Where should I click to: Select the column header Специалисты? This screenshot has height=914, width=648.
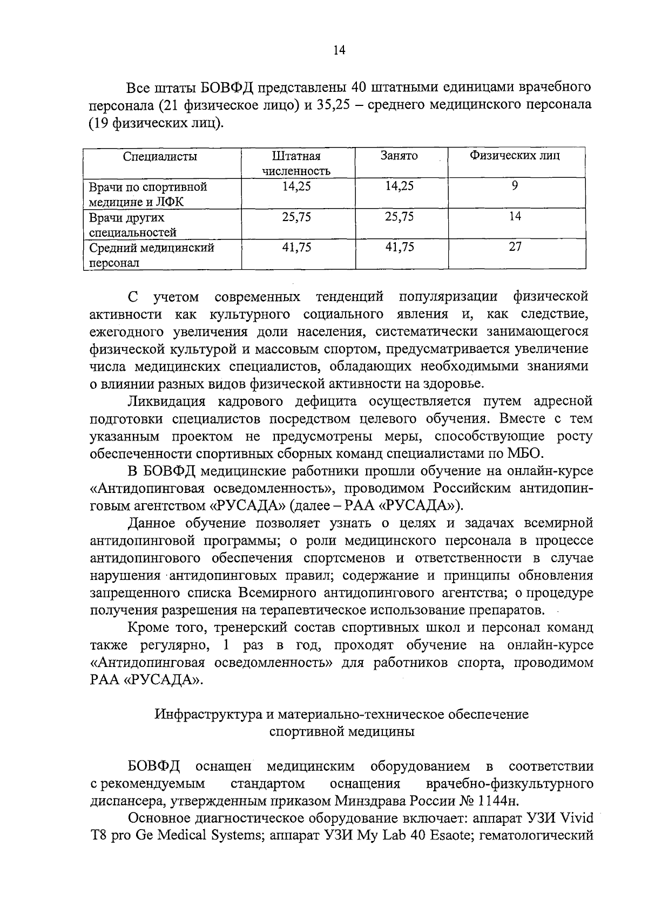click(160, 157)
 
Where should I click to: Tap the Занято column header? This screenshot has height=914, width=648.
click(399, 156)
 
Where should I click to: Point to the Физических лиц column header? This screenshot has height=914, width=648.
click(515, 156)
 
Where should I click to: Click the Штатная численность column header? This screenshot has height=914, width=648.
click(296, 164)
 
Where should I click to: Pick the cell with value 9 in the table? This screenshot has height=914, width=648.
click(515, 186)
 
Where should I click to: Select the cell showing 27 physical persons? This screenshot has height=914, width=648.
click(515, 247)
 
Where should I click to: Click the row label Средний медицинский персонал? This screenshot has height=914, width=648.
click(152, 255)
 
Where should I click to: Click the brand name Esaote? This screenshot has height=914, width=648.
click(454, 836)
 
